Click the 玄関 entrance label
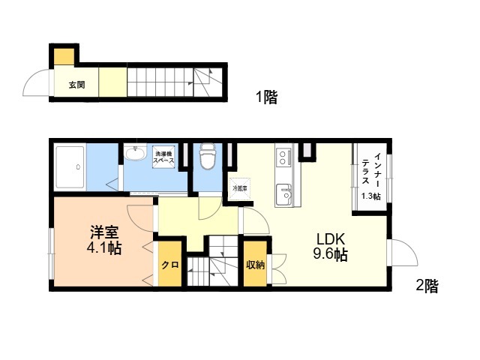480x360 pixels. click(x=76, y=85)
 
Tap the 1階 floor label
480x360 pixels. click(x=267, y=97)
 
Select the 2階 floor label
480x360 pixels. click(x=427, y=286)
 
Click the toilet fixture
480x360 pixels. click(x=208, y=156)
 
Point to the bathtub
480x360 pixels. click(x=70, y=167)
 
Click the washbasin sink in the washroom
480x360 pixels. click(x=135, y=153)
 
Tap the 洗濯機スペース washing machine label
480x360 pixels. click(x=163, y=157)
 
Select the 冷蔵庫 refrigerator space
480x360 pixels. click(x=240, y=188)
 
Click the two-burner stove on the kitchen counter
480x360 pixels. click(x=283, y=157)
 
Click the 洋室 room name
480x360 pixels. click(x=104, y=232)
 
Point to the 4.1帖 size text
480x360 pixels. click(x=104, y=248)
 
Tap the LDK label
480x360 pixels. click(x=331, y=238)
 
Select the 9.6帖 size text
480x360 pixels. click(x=331, y=254)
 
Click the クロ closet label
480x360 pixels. click(x=170, y=265)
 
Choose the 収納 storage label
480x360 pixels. click(x=255, y=265)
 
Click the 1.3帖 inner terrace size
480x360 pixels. click(x=371, y=196)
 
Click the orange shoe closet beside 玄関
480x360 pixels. click(x=64, y=56)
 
